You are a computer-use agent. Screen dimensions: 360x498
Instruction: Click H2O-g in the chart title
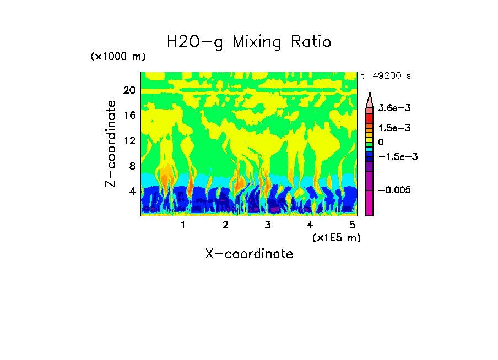195,42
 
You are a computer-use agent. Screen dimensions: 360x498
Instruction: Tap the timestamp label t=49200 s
386,75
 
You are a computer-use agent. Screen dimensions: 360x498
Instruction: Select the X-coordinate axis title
249,254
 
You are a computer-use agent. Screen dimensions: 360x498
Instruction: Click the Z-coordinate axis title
111,144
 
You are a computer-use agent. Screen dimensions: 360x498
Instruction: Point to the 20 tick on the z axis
129,90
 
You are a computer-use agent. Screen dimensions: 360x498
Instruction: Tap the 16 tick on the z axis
129,115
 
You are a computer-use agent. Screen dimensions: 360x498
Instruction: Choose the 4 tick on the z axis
132,192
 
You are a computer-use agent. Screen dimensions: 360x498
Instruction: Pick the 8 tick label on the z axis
132,166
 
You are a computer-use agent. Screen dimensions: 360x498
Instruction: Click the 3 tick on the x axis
268,225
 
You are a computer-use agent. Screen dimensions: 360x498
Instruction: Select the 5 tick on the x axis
352,225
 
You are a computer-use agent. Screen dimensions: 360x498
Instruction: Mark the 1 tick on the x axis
183,225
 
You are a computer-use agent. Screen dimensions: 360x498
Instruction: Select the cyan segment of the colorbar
370,149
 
